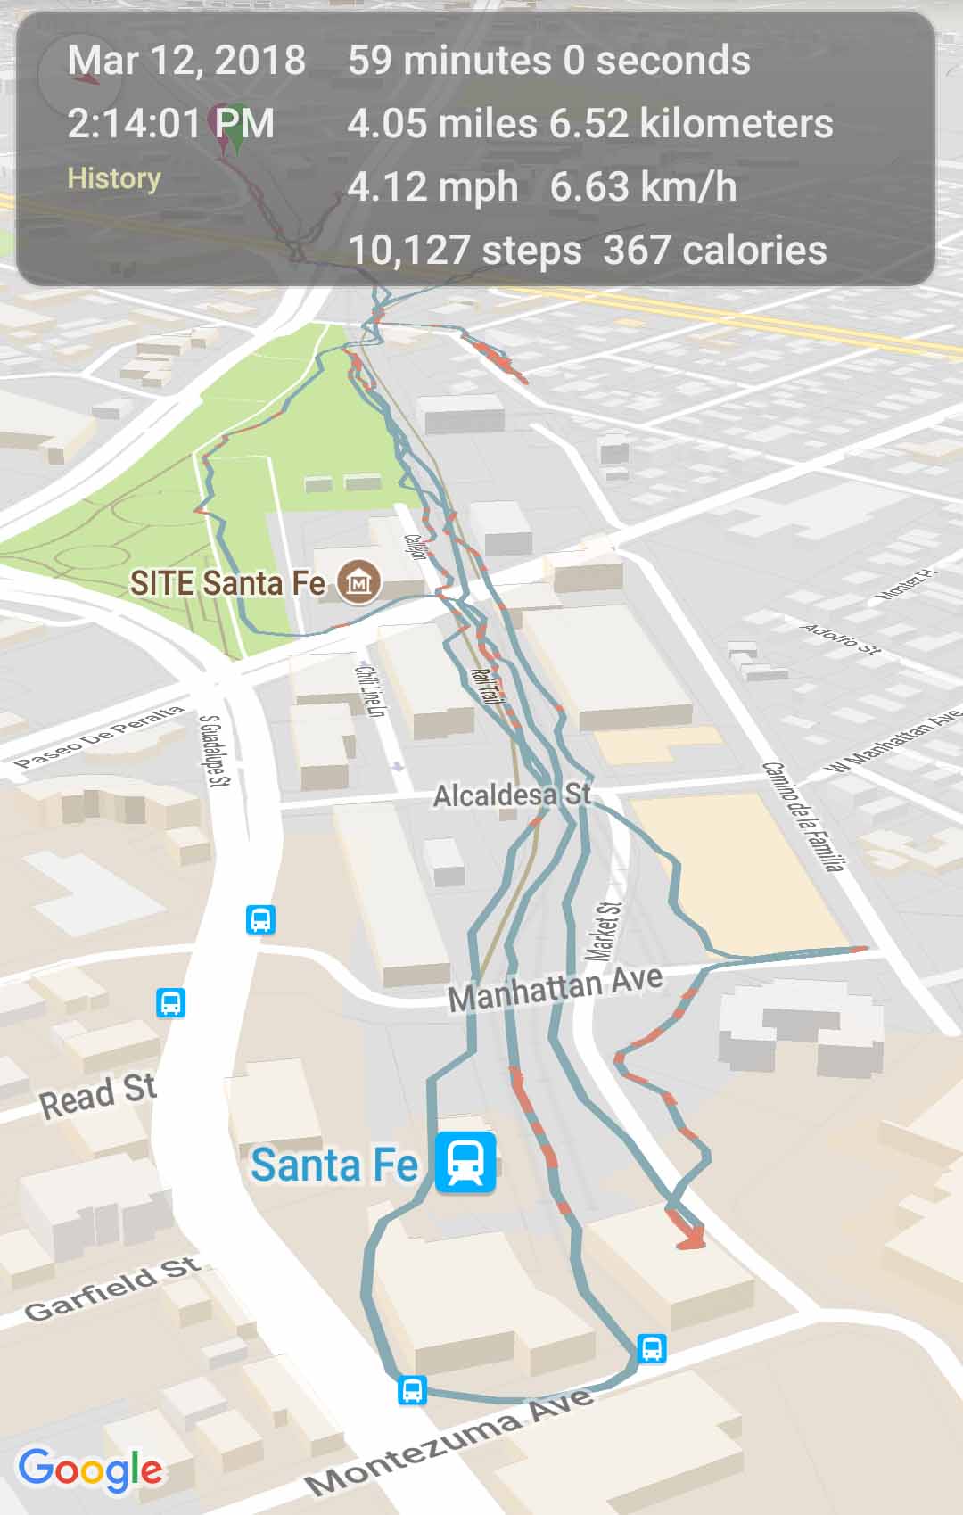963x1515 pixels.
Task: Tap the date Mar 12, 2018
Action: [186, 61]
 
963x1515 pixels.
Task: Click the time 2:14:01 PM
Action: [170, 123]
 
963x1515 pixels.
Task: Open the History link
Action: [114, 178]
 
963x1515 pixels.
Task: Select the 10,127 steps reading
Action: [465, 251]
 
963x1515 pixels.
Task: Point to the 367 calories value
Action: [715, 251]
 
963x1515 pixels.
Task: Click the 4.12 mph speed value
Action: [432, 187]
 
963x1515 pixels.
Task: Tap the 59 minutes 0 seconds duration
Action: [548, 61]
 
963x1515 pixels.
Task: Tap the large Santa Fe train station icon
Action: [465, 1163]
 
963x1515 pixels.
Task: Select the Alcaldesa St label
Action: [512, 795]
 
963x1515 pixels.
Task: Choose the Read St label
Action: [98, 1095]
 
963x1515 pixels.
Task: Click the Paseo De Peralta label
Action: [99, 737]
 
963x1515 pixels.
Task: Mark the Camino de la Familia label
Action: [802, 816]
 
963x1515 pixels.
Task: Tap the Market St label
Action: [604, 931]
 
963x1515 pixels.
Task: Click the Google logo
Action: [90, 1468]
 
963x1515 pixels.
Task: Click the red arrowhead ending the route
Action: [690, 1237]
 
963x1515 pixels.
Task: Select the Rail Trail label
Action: [486, 686]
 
